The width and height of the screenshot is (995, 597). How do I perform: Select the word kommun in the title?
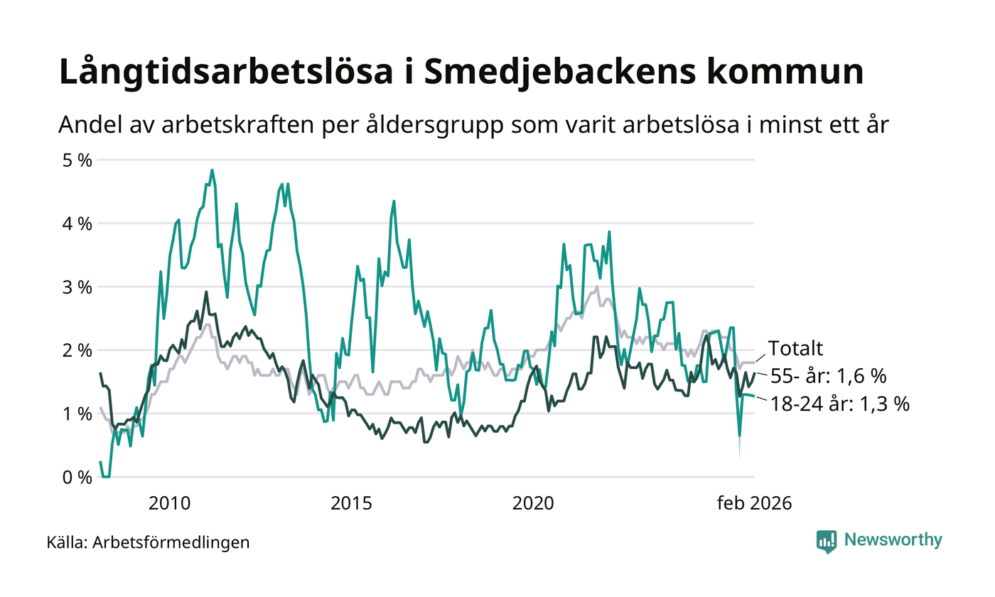792,73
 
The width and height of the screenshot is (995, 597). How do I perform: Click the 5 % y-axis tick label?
76,160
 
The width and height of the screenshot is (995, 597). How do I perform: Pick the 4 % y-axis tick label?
76,224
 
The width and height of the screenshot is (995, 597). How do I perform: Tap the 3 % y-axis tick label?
76,287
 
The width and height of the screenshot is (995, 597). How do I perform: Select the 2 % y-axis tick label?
76,350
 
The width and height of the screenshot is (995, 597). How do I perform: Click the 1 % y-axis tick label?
76,414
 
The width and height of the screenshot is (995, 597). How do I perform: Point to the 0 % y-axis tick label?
76,477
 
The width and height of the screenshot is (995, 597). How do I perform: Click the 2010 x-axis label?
170,503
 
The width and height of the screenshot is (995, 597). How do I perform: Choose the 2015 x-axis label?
352,503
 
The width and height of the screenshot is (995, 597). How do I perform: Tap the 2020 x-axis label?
533,503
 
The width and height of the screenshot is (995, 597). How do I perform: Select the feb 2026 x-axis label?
753,503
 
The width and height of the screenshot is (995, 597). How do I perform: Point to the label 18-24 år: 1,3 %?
839,404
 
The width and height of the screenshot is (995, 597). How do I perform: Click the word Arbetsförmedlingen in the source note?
171,543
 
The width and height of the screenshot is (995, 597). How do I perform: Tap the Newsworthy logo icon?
827,541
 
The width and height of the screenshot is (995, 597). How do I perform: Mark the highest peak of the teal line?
212,171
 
